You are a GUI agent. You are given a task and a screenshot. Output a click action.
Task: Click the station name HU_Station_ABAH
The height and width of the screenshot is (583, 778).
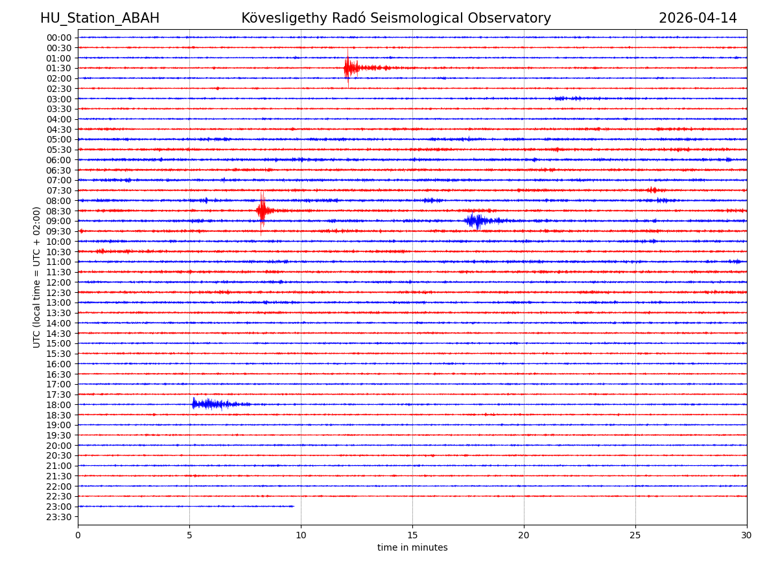pyautogui.click(x=100, y=18)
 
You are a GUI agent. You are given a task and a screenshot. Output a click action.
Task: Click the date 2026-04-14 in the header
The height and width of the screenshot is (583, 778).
pyautogui.click(x=698, y=18)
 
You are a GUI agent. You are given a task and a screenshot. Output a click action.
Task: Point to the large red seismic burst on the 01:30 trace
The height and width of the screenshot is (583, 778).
pyautogui.click(x=349, y=67)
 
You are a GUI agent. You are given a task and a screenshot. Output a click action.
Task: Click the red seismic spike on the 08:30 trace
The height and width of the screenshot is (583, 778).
pyautogui.click(x=262, y=210)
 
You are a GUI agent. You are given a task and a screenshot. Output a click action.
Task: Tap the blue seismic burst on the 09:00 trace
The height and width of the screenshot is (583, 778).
pyautogui.click(x=477, y=221)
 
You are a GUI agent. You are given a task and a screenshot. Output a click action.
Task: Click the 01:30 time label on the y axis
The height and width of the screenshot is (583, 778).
pyautogui.click(x=59, y=68)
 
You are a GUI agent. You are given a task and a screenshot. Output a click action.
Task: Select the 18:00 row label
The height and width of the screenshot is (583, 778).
pyautogui.click(x=59, y=405)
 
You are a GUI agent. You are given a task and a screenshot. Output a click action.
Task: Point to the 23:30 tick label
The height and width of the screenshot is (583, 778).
pyautogui.click(x=59, y=517)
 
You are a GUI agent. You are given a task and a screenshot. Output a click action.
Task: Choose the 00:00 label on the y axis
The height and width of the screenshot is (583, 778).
pyautogui.click(x=59, y=38)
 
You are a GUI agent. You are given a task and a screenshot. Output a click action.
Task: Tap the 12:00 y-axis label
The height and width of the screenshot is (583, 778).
pyautogui.click(x=59, y=282)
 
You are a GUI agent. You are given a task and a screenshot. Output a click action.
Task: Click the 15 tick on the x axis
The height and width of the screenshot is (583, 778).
pyautogui.click(x=412, y=536)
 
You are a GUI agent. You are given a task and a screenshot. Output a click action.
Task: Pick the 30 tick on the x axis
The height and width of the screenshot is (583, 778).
pyautogui.click(x=747, y=536)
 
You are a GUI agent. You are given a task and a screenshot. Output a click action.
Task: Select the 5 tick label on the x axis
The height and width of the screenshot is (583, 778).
pyautogui.click(x=189, y=536)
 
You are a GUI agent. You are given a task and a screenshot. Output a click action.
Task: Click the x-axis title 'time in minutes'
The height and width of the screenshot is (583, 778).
pyautogui.click(x=412, y=548)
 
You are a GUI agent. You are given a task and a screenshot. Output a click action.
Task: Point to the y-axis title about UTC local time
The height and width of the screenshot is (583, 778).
pyautogui.click(x=37, y=277)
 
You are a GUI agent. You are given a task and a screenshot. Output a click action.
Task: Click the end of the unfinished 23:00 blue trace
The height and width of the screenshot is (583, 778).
pyautogui.click(x=294, y=506)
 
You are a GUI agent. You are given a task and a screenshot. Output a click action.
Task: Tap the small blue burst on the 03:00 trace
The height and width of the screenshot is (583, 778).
pyautogui.click(x=569, y=98)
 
